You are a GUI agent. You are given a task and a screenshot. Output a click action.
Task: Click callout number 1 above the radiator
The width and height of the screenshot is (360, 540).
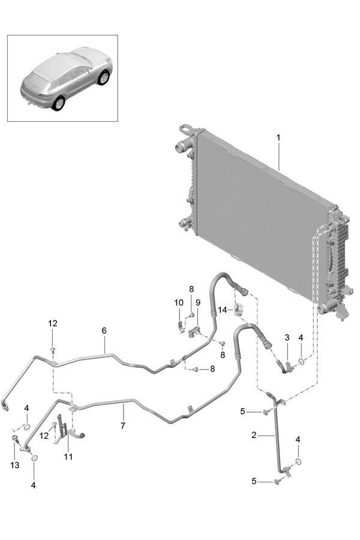(278, 138)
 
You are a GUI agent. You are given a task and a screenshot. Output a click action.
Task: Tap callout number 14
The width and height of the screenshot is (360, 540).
(222, 310)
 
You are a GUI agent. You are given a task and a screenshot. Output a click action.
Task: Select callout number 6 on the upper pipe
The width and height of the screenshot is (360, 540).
(104, 331)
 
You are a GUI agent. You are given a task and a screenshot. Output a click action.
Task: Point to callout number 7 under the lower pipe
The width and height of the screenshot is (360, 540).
(123, 425)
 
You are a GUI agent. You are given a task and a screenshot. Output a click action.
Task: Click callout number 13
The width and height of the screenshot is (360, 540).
(15, 465)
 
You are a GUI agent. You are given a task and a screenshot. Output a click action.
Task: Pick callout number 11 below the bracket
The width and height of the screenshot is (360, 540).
(68, 457)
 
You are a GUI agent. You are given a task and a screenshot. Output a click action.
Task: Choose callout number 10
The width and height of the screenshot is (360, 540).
(179, 303)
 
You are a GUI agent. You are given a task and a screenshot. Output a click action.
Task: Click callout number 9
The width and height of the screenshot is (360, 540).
(198, 303)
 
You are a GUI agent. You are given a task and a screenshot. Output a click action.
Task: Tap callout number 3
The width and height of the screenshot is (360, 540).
(287, 337)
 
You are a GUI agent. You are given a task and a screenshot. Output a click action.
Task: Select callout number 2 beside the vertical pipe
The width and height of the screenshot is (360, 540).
(254, 436)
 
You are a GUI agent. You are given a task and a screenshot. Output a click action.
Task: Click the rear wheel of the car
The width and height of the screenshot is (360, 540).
(58, 104)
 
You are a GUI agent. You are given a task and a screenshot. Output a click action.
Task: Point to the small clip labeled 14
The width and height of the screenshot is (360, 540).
(239, 308)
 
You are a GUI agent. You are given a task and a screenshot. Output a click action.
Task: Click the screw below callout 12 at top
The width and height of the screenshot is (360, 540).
(52, 350)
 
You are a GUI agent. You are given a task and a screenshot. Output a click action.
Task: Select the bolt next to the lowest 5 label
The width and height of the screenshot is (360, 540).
(277, 482)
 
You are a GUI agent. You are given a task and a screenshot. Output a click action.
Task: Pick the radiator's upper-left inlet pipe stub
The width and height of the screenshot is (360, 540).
(180, 149)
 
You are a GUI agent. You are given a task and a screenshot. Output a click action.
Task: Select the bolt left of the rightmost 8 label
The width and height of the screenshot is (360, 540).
(196, 369)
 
